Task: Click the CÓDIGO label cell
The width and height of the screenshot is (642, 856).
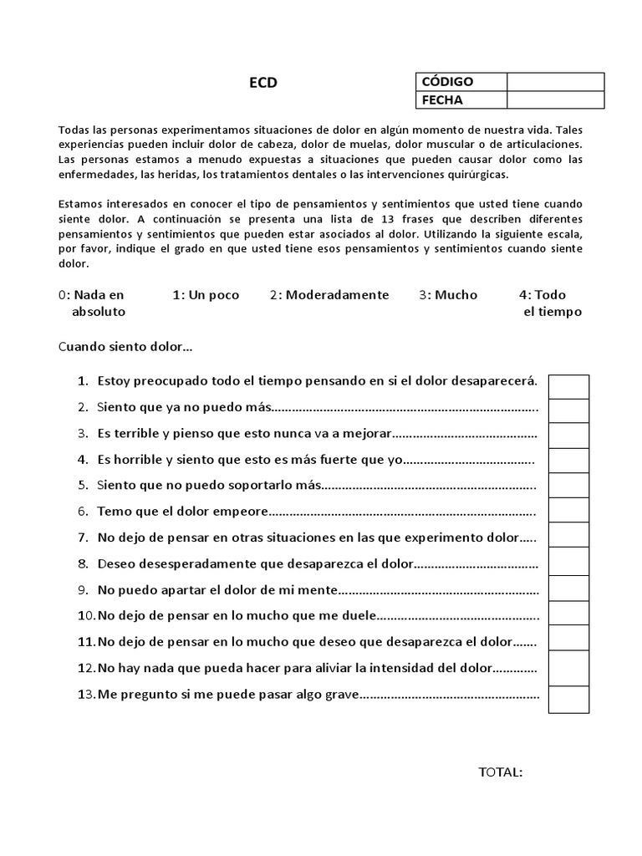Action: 461,81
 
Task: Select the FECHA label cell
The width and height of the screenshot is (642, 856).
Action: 461,99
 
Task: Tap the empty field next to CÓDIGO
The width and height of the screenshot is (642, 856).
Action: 555,81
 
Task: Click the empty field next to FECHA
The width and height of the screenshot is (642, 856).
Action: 555,99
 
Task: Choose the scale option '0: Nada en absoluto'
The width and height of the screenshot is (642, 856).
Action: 94,303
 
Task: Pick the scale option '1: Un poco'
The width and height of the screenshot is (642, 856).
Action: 206,294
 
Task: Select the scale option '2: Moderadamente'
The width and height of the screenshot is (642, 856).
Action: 329,294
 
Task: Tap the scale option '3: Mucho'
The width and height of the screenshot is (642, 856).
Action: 449,294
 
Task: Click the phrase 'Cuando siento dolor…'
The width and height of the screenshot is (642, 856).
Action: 126,346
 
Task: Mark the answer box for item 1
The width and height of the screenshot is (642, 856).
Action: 568,387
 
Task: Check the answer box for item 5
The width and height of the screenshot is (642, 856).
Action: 568,485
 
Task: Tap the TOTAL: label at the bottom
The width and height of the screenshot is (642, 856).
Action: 501,772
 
